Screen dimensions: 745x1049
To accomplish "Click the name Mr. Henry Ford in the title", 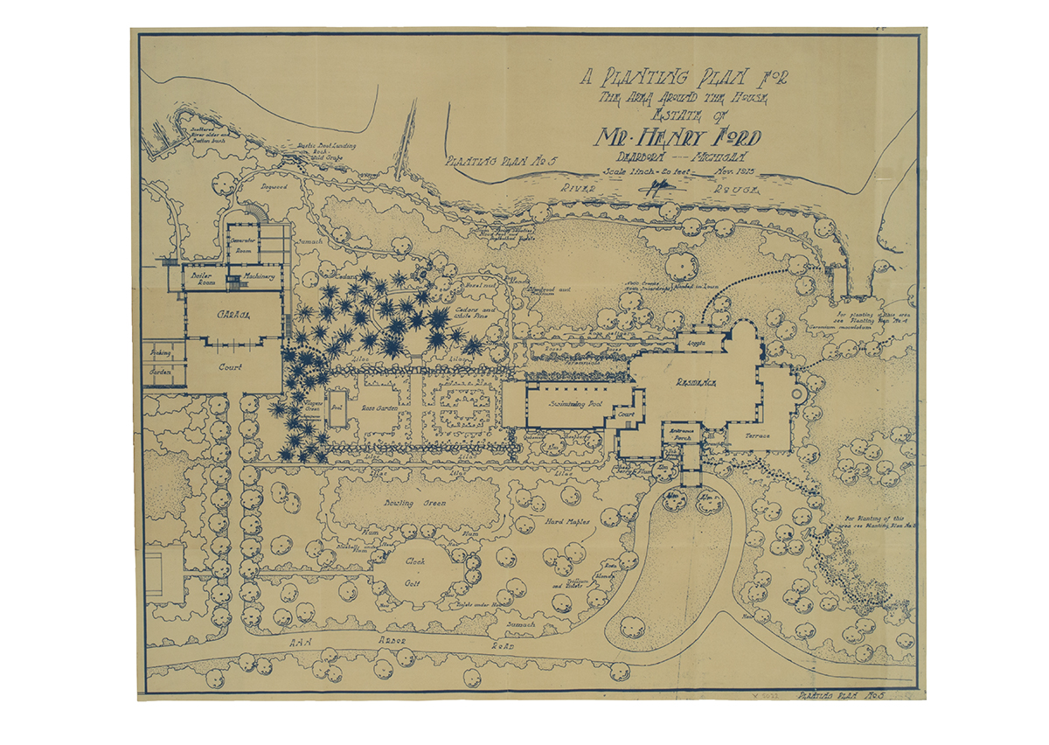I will click(x=678, y=137).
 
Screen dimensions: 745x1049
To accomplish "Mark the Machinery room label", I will click(x=261, y=277).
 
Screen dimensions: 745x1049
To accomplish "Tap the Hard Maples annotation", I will click(x=566, y=523).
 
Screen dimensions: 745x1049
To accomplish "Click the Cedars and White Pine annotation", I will click(x=476, y=315).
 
